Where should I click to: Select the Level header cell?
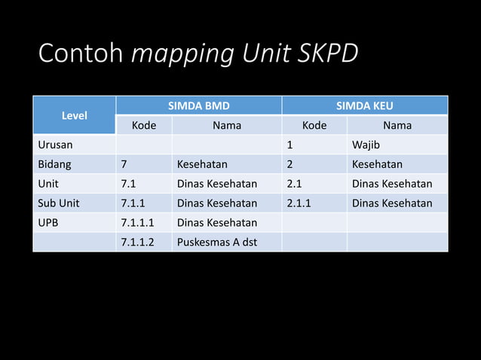(x=74, y=115)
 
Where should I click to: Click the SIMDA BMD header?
(x=198, y=105)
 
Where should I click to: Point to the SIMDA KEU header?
(x=365, y=105)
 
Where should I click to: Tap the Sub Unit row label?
(x=59, y=203)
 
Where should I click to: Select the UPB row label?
(x=50, y=222)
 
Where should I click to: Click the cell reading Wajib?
(x=366, y=145)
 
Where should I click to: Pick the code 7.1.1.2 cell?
(x=137, y=242)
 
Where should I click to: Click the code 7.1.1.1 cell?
(x=137, y=222)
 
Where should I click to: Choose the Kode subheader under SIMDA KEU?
(x=314, y=125)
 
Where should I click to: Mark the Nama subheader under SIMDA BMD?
(x=227, y=125)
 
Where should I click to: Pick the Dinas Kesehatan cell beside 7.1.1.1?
(x=216, y=222)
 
